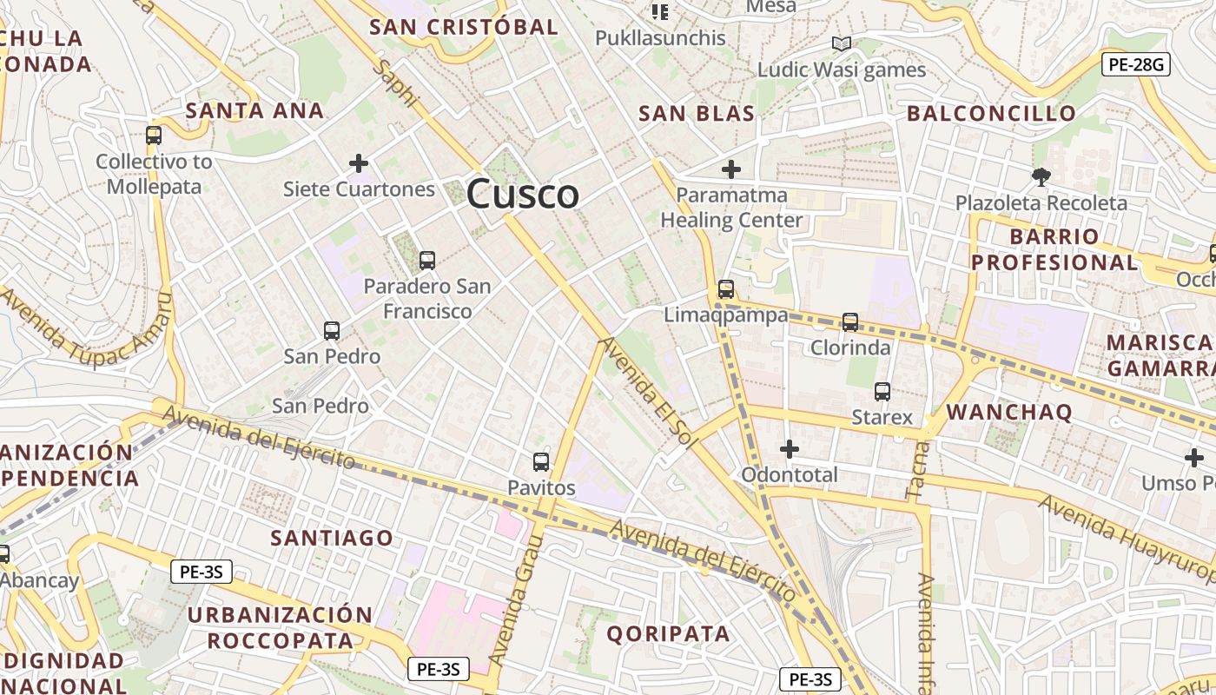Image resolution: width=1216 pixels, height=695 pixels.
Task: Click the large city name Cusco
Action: point(522,195)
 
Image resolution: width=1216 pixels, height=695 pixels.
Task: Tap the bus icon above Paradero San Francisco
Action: point(426,260)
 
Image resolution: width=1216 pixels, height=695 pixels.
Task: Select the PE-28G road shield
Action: point(1136,63)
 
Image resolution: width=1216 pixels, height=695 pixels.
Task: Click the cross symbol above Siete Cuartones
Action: point(358,162)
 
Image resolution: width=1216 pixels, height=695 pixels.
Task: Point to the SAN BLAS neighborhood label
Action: point(696,113)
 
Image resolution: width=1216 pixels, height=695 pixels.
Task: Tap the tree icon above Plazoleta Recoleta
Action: point(1041,177)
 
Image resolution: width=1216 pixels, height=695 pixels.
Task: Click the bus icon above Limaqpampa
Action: point(725,289)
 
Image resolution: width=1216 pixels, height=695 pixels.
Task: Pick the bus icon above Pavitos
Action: point(540,461)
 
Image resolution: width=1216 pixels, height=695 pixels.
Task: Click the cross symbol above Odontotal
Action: point(789,448)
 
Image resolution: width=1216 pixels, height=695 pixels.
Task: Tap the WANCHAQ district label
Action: point(1008,411)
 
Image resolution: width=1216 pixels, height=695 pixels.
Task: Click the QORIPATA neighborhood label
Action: point(668,633)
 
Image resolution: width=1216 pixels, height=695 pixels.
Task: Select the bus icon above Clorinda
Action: point(849,322)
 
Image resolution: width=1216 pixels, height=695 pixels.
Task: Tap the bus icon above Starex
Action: point(882,392)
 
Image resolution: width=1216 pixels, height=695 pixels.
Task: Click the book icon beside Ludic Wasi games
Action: point(841,43)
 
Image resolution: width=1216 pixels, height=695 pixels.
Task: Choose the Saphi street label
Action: point(396,84)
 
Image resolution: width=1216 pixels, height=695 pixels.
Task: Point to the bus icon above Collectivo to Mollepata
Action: point(154,136)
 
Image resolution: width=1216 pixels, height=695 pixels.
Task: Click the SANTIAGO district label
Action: point(331,538)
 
